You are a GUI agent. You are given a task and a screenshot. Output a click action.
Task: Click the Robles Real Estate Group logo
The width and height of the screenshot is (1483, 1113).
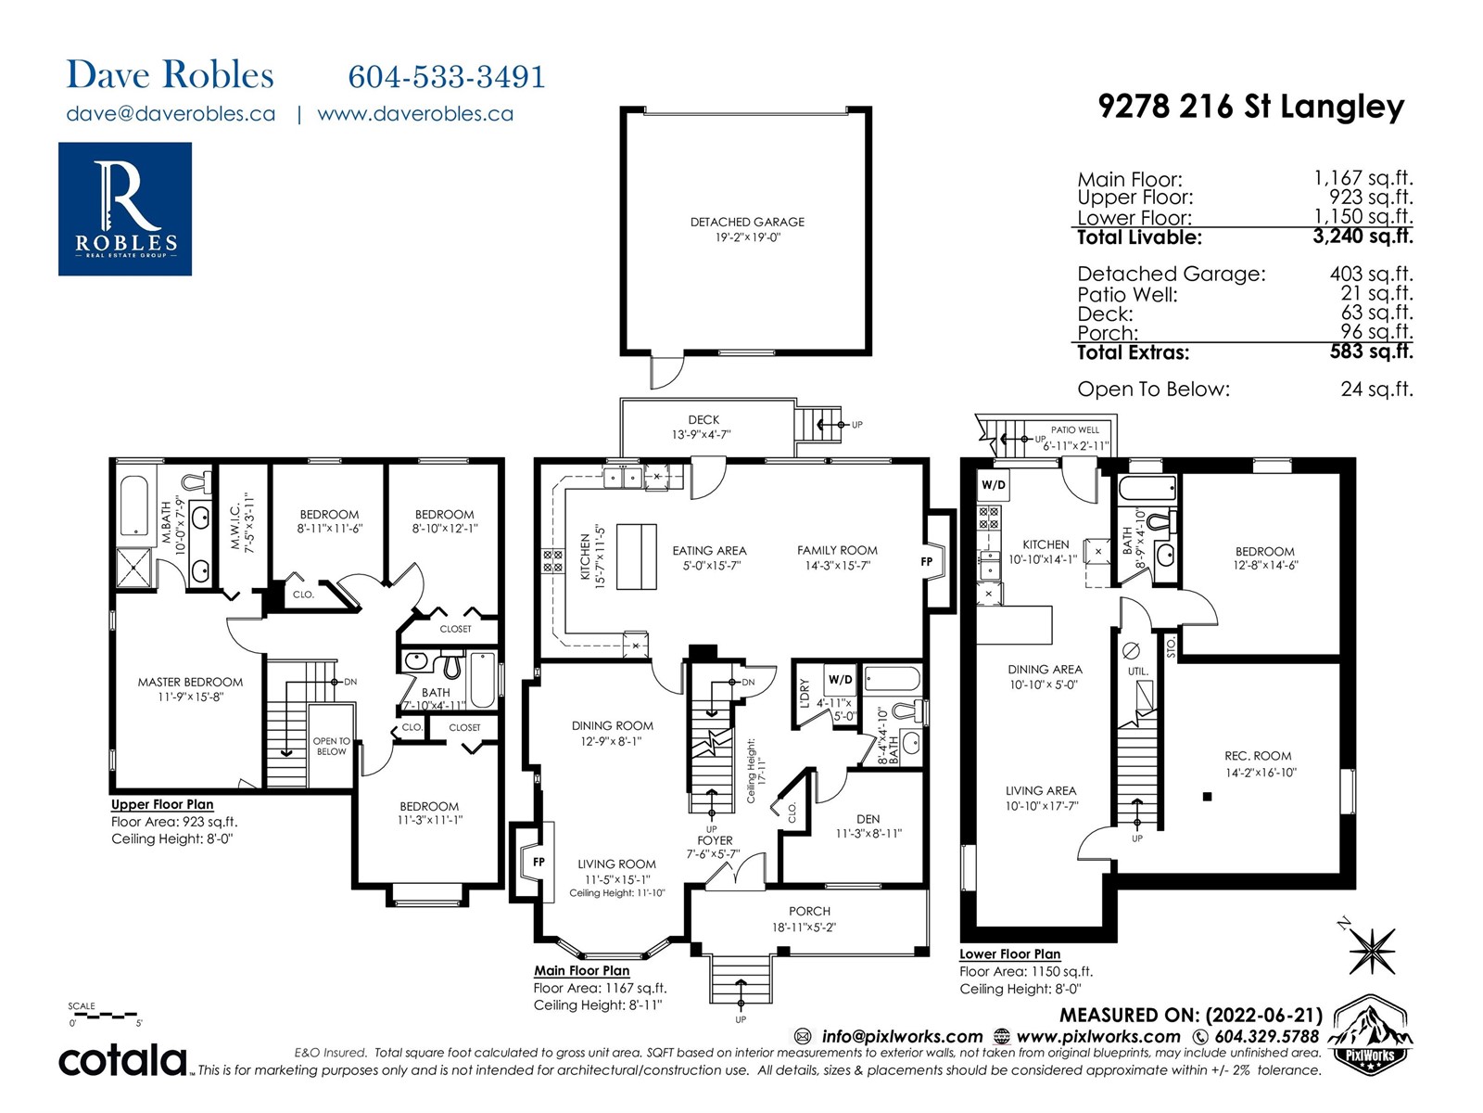[125, 209]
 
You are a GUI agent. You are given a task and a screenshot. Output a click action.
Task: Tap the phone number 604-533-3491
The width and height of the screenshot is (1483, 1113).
[446, 77]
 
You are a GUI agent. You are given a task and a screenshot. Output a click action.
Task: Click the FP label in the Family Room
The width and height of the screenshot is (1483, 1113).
[926, 561]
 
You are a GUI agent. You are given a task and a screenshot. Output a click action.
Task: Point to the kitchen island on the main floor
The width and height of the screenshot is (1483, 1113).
[637, 557]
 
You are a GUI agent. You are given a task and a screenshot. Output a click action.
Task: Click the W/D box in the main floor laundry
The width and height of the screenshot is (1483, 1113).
[840, 679]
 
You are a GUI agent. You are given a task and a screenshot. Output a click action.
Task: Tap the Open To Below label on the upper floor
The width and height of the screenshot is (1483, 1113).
[331, 746]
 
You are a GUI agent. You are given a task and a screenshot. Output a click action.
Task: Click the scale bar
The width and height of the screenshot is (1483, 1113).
[104, 1015]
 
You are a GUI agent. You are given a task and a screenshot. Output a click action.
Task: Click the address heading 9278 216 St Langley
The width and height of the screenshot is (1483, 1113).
[1250, 106]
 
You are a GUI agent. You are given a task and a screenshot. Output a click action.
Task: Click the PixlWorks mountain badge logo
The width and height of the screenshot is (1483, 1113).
[1370, 1035]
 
